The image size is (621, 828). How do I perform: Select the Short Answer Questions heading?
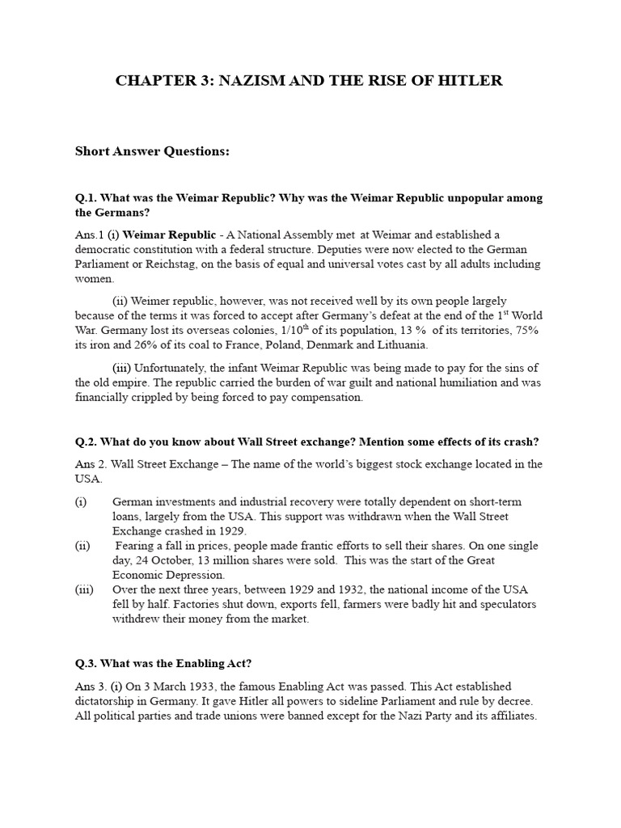pos(153,151)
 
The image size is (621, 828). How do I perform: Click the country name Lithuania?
pos(398,345)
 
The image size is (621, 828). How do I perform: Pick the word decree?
pos(515,701)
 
